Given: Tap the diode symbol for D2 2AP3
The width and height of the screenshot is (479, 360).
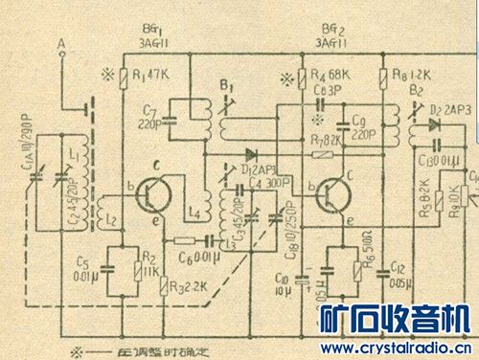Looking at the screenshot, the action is coord(433,124).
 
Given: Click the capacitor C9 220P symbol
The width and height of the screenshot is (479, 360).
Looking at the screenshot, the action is coord(342,123).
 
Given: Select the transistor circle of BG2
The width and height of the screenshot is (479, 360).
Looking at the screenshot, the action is coord(328,194).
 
